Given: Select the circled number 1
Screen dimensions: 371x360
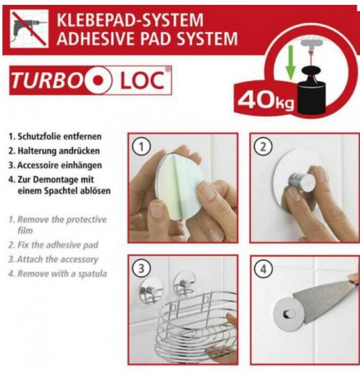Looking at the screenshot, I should click(x=142, y=147).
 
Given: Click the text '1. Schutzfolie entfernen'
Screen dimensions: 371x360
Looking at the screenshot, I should click(x=55, y=136).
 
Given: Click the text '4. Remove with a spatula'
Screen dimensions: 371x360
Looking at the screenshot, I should click(x=54, y=273).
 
